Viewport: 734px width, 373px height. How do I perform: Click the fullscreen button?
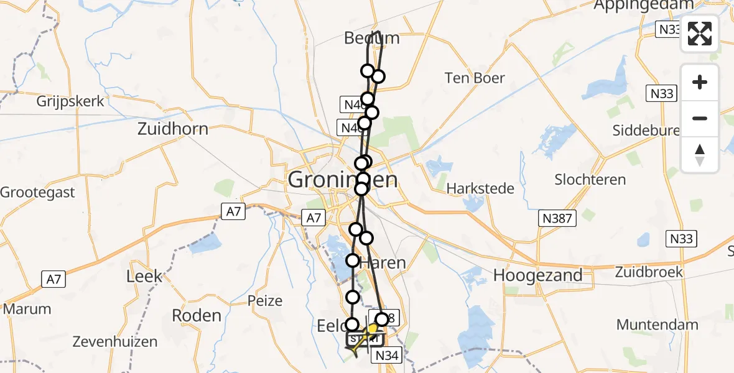coord(700,34)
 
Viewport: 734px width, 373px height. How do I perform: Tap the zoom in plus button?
coord(700,82)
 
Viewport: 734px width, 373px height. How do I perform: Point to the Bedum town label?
coord(371,39)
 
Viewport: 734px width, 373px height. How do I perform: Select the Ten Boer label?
coord(475,78)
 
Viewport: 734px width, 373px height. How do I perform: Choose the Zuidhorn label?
coord(174,130)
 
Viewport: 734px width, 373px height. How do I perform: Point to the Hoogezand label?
coord(538,275)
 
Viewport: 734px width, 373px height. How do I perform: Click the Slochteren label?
coord(590,180)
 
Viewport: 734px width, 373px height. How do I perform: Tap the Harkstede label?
coord(480,188)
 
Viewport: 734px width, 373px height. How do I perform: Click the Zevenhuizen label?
coord(111,341)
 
